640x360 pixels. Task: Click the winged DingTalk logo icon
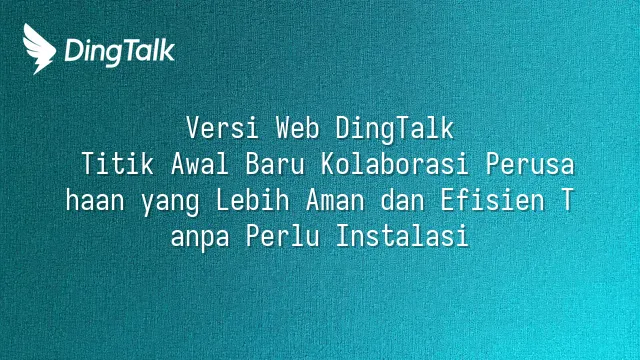coord(39,49)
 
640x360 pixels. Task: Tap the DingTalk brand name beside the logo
coord(120,51)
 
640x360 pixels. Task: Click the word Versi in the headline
coord(222,128)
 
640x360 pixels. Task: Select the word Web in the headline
coord(297,128)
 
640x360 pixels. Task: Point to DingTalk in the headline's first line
coord(395,130)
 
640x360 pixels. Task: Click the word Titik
coord(118,164)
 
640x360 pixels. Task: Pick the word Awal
coord(200,164)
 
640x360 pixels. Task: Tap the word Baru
coord(275,164)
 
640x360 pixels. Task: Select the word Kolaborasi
coord(394,164)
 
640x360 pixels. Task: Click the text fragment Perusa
coord(530,164)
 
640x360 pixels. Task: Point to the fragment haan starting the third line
coord(95,200)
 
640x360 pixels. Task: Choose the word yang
coord(170,202)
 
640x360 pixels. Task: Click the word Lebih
coord(253,200)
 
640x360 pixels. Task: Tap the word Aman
coord(335,200)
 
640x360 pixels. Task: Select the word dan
coord(402,200)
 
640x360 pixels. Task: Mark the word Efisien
coord(492,200)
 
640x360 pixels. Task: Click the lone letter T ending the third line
coord(567,200)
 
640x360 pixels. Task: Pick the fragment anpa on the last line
coord(200,238)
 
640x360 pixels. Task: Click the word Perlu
coord(282,236)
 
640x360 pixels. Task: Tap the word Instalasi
coord(402,236)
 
